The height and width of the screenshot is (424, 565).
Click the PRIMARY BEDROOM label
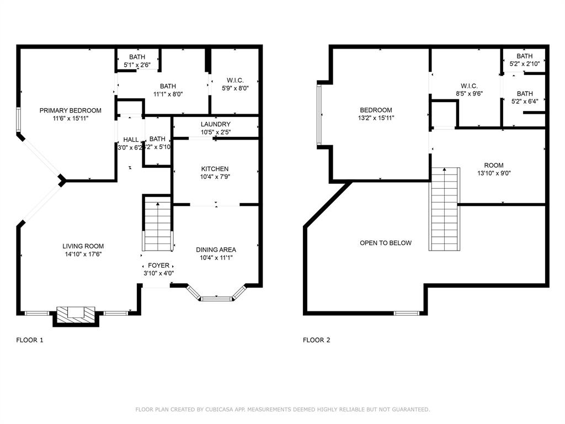(70, 110)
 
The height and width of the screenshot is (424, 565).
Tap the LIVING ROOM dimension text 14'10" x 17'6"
(83, 255)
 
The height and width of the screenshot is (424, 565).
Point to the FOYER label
(158, 266)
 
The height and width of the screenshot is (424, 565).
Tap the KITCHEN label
(215, 169)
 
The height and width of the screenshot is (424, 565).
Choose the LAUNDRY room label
(216, 124)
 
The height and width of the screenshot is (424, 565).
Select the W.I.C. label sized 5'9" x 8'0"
(235, 81)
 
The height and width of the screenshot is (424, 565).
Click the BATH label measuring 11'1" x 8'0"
(168, 86)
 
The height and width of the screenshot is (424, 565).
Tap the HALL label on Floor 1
(131, 140)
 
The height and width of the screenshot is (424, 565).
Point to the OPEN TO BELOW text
(386, 243)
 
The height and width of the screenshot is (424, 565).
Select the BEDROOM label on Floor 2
(376, 110)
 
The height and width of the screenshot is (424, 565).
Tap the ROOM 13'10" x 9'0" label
(494, 165)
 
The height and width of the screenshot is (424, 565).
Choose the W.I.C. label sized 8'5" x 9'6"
(469, 86)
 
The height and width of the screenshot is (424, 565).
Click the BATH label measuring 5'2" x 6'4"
(525, 94)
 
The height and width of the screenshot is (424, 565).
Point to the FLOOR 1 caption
(30, 340)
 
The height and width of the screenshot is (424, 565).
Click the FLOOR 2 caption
(317, 340)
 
